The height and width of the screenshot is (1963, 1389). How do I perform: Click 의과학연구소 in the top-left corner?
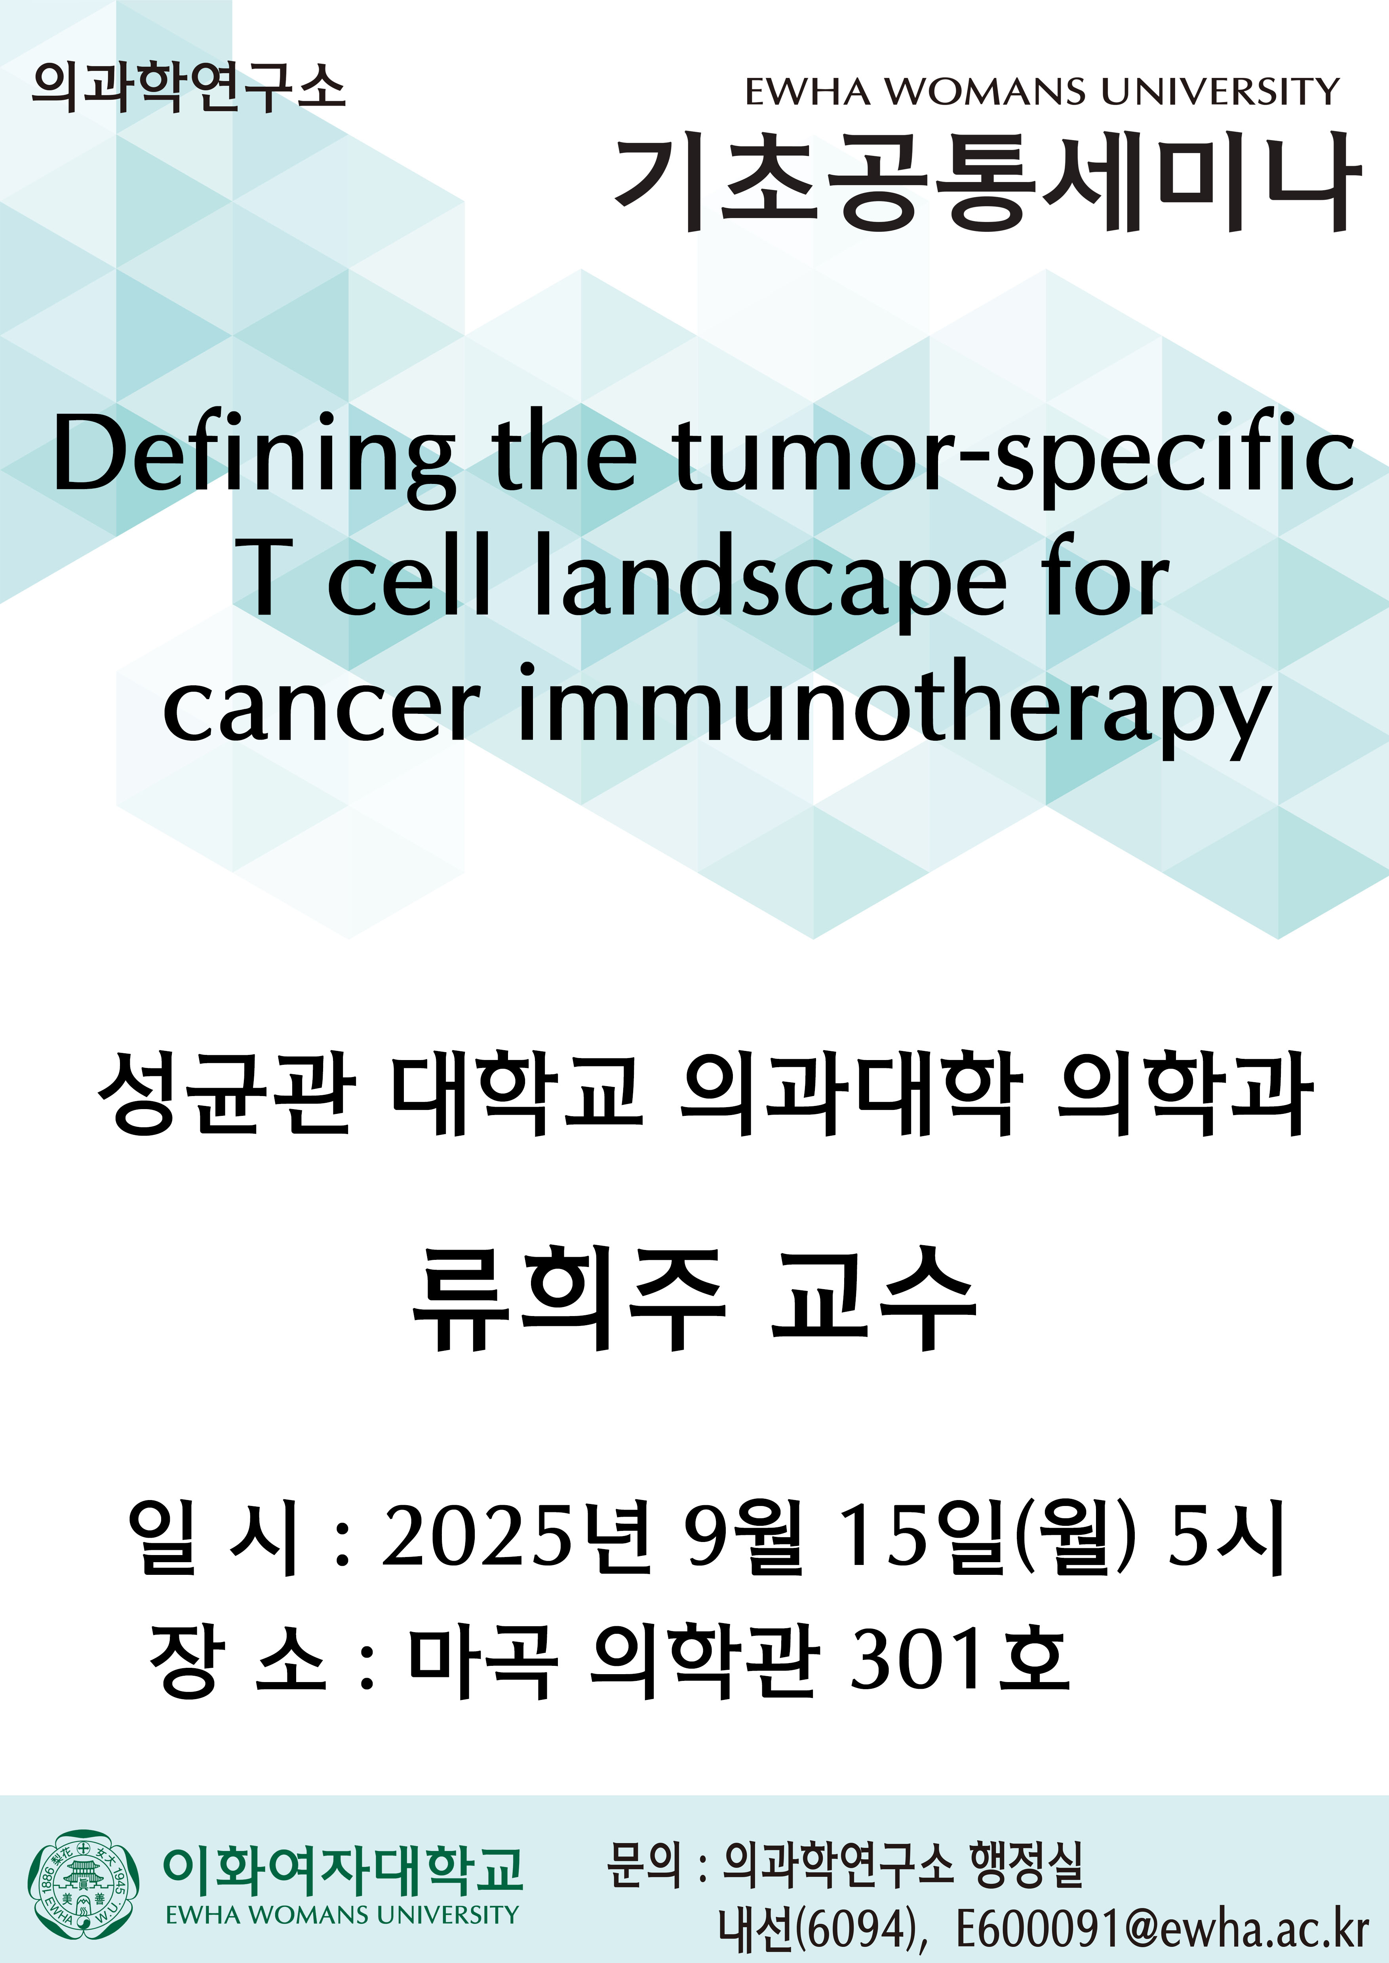point(188,87)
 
